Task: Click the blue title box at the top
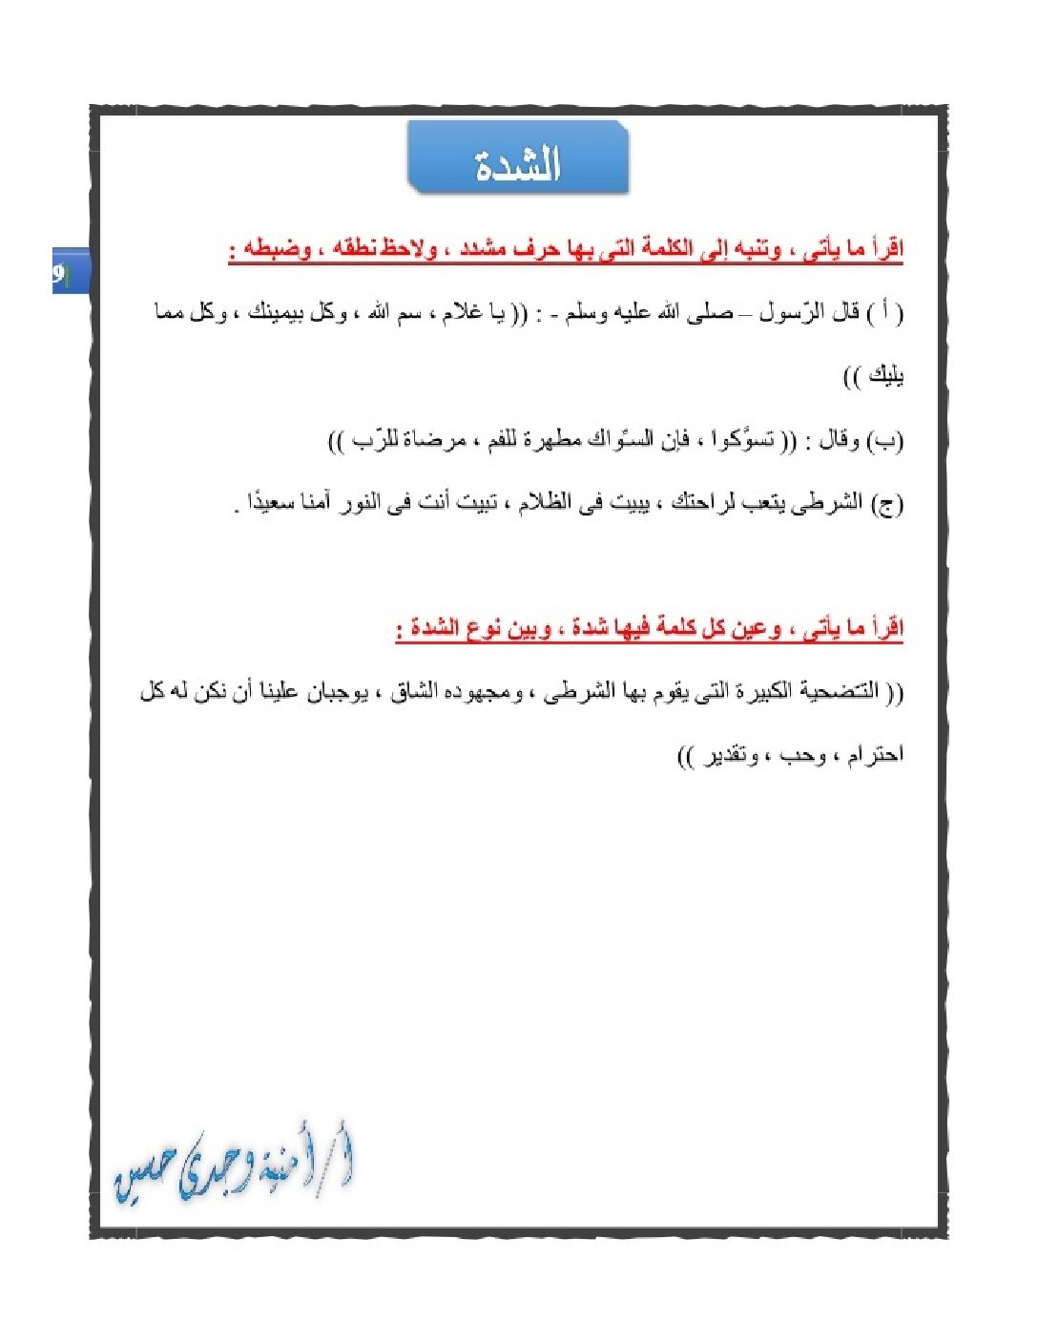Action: click(518, 158)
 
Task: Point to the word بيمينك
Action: click(282, 313)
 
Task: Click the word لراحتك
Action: click(704, 503)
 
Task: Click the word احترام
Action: click(873, 756)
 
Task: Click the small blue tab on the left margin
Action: click(70, 272)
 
